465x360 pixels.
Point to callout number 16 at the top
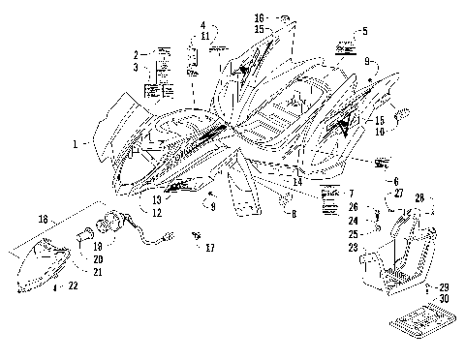(x=259, y=17)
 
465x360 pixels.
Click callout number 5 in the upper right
(x=364, y=31)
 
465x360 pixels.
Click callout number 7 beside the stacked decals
(x=292, y=212)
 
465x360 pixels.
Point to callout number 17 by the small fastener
(x=210, y=248)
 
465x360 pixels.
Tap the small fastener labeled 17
(x=197, y=233)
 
